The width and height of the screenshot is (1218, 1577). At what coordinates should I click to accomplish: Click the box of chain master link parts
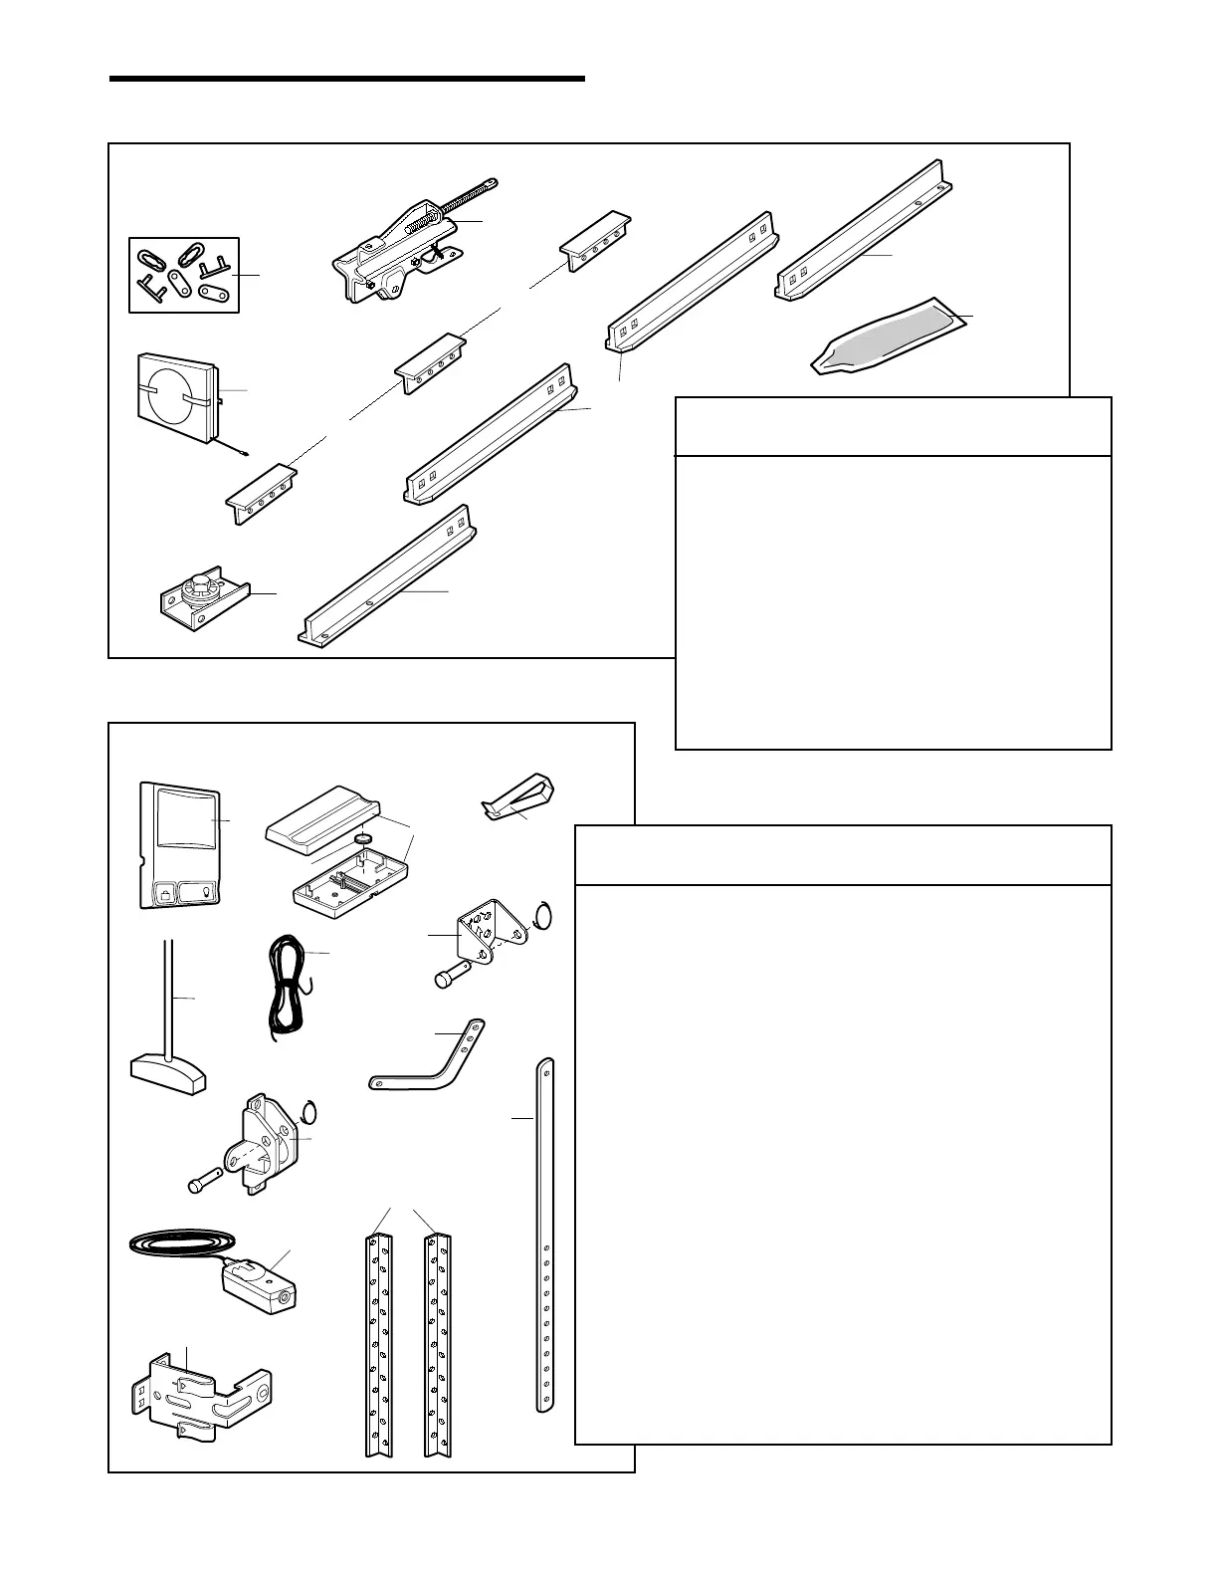[x=184, y=275]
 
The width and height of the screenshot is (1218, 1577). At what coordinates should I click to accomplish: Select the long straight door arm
[x=544, y=1235]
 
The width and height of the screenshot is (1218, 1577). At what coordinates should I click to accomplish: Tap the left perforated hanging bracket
[x=379, y=1344]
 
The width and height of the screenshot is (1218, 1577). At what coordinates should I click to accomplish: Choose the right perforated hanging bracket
[x=438, y=1344]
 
